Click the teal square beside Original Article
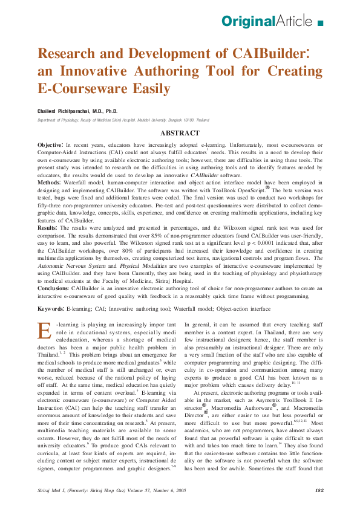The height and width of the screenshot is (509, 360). pos(320,23)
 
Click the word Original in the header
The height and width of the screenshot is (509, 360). pos(248,22)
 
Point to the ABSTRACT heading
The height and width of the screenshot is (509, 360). pos(180,132)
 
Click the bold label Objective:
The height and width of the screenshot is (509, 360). pos(50,146)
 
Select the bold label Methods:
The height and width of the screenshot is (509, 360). pos(50,182)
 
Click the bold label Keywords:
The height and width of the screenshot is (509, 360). pos(51,309)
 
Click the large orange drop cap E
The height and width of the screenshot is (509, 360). pos(44,331)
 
